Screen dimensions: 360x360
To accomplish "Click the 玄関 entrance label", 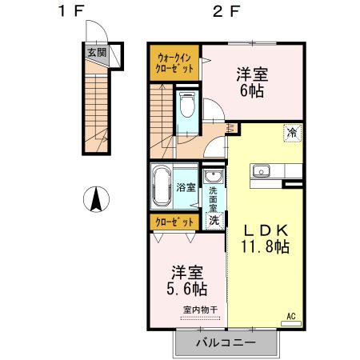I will pyautogui.click(x=96, y=53).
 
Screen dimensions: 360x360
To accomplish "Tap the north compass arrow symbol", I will pyautogui.click(x=97, y=198).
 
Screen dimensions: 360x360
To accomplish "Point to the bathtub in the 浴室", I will pyautogui.click(x=162, y=186).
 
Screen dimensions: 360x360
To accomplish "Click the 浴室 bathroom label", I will pyautogui.click(x=186, y=187).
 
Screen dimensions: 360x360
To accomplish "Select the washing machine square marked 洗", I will pyautogui.click(x=214, y=220).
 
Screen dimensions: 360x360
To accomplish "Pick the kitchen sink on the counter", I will pyautogui.click(x=262, y=170).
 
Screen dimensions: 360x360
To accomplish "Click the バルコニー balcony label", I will pyautogui.click(x=226, y=344).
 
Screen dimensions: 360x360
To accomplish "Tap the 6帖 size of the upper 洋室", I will pyautogui.click(x=251, y=90).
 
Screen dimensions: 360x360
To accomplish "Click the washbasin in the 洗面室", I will pyautogui.click(x=214, y=177).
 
